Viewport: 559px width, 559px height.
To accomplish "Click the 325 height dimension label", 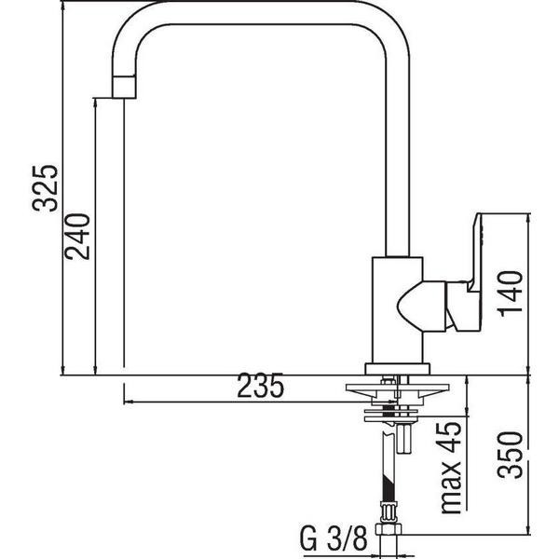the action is [45, 188].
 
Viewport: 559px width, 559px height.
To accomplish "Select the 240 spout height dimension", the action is [77, 237].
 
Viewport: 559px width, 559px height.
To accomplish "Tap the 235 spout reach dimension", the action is [260, 386].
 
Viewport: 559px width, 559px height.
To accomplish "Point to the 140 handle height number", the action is [511, 293].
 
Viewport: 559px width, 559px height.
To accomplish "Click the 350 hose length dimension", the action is [511, 455].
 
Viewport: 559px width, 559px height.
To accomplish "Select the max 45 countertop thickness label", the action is [451, 468].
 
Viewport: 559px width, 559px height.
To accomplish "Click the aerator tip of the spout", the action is [124, 87].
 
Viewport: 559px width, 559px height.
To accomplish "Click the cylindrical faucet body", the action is [397, 310].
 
